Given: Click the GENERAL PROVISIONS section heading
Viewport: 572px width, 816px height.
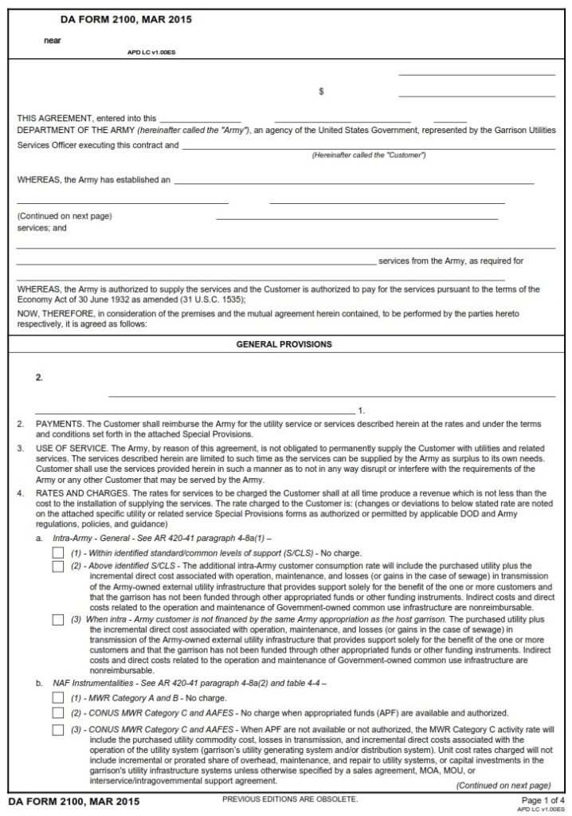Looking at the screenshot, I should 284,344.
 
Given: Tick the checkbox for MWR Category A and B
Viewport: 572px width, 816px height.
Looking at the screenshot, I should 58,698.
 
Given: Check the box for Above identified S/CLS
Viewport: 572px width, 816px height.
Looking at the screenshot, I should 58,567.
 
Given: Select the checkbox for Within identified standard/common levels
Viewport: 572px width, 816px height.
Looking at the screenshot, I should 58,553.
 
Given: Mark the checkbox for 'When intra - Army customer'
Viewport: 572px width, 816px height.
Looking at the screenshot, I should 58,619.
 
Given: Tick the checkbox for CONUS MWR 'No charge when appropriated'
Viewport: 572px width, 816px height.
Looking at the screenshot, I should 58,712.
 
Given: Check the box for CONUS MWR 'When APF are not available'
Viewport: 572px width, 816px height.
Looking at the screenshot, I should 58,729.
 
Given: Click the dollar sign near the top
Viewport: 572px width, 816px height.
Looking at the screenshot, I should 321,92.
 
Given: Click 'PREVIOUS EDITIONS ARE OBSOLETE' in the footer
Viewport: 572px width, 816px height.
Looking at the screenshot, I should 289,798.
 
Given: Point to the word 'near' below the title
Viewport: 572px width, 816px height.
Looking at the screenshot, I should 52,39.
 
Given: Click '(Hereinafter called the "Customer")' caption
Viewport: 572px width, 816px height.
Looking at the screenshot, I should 368,155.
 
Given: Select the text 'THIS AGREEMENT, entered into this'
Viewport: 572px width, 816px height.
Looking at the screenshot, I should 87,118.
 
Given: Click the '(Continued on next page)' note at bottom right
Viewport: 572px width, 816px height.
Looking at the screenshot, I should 503,785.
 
